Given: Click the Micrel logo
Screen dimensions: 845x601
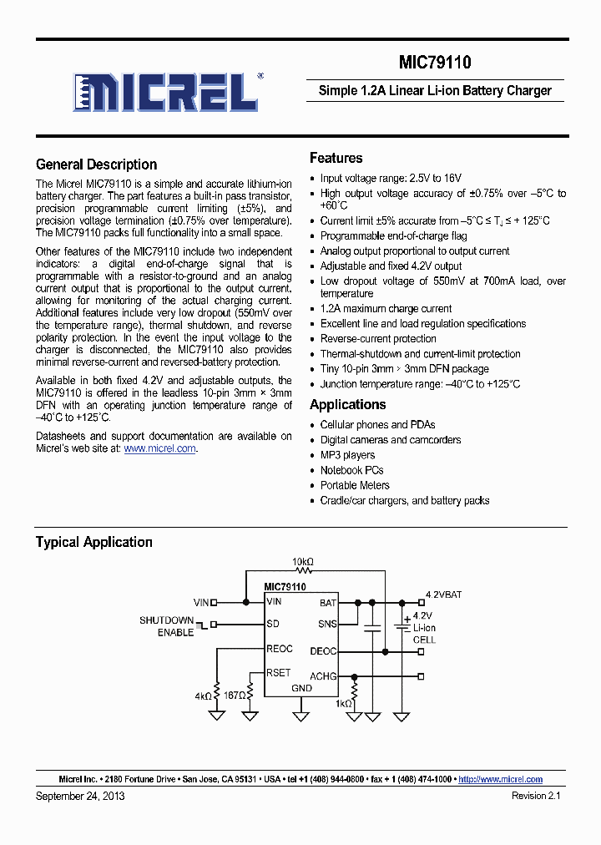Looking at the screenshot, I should [x=166, y=92].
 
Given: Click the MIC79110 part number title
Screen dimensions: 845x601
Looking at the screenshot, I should [x=434, y=63].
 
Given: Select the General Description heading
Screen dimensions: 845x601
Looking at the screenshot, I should [x=96, y=164].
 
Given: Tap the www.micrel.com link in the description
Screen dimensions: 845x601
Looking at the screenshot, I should [x=160, y=448].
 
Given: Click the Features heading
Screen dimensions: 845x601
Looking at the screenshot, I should [x=336, y=158].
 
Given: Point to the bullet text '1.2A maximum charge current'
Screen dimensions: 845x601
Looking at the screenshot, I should [x=386, y=309].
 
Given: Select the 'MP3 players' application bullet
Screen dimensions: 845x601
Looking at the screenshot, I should [x=347, y=455].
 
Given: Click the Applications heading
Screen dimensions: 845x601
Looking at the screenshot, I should [x=347, y=405].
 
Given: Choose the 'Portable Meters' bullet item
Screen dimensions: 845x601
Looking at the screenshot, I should [x=355, y=485].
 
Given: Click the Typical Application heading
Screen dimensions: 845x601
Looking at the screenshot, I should [x=93, y=542].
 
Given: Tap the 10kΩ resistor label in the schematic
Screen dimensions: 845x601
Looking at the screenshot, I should [x=303, y=561].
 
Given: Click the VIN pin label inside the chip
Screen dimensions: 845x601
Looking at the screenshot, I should [x=274, y=601].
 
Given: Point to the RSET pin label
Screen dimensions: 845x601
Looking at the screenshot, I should [x=278, y=672].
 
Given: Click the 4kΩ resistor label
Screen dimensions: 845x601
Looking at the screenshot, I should [x=203, y=695].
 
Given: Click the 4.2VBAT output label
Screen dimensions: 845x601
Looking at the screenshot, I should [x=443, y=595].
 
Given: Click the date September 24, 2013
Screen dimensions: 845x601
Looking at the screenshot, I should [x=80, y=796].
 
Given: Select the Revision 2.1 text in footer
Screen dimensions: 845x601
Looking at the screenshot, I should [x=536, y=796].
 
